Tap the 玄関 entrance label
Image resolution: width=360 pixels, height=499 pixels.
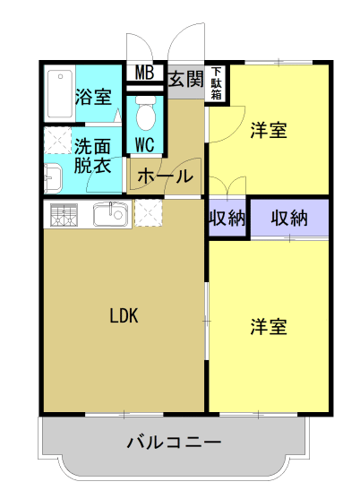click(184, 78)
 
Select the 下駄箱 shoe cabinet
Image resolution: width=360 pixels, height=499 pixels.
click(216, 81)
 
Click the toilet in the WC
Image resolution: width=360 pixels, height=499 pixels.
click(145, 113)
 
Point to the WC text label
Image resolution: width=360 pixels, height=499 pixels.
click(145, 143)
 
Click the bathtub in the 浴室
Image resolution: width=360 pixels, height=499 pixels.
click(59, 93)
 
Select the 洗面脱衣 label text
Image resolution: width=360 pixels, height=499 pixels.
click(92, 155)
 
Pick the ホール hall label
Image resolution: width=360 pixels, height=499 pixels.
click(166, 176)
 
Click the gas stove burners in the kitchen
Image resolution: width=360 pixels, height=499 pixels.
click(65, 214)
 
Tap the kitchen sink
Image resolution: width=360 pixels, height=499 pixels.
click(111, 213)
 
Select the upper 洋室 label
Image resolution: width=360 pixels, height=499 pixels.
click(269, 131)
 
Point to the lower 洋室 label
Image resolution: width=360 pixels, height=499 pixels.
click(269, 327)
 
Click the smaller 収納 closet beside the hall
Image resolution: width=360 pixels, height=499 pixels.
click(227, 219)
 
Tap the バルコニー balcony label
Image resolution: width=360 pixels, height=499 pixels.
click(174, 442)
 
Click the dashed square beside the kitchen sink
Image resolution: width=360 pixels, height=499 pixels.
click(149, 213)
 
